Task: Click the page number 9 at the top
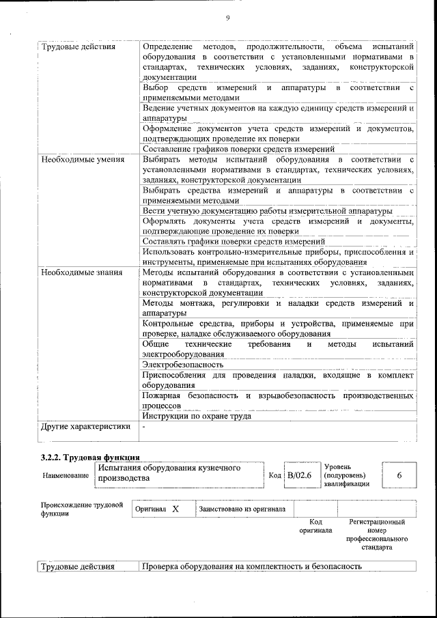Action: click(x=227, y=18)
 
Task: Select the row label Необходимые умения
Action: click(x=82, y=160)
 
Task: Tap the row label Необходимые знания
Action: click(x=81, y=272)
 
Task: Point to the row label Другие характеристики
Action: click(x=85, y=427)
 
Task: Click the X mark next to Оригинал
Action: click(x=175, y=509)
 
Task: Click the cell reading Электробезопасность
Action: click(x=183, y=365)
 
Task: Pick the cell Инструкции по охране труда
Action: click(x=197, y=415)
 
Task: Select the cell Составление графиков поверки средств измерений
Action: click(x=238, y=149)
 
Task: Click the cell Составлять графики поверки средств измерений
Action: click(x=234, y=242)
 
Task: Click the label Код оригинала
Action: click(x=315, y=526)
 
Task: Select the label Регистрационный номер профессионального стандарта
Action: click(x=377, y=535)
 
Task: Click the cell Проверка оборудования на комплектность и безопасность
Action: click(x=252, y=567)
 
